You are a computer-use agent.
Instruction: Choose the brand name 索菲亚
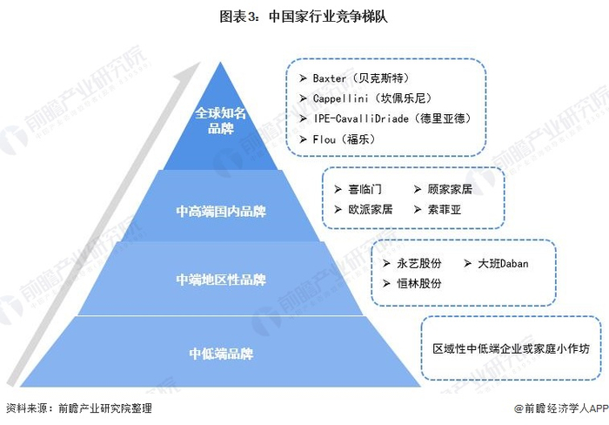pos(445,210)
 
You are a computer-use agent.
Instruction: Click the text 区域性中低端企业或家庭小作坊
pos(511,348)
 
